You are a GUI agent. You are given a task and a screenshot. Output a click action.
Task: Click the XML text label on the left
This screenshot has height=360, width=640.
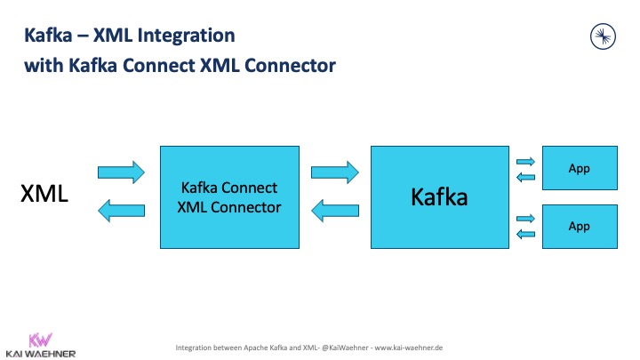tap(44, 194)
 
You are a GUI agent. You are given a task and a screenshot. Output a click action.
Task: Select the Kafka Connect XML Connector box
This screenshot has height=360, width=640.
tap(229, 196)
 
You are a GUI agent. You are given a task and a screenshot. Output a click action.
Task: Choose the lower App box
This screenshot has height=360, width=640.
tap(579, 226)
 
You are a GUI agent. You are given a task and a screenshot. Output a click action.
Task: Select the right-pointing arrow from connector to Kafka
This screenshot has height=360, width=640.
tap(335, 171)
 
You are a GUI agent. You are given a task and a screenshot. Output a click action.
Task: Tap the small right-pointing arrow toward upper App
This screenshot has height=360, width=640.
tap(525, 161)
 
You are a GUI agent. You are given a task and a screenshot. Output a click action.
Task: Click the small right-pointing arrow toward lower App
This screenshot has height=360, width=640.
tap(525, 218)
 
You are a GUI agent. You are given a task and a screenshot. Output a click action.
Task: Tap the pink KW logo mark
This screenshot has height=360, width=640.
tap(39, 339)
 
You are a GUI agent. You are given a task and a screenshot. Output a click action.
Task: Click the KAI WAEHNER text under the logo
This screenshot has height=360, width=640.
tap(39, 353)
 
